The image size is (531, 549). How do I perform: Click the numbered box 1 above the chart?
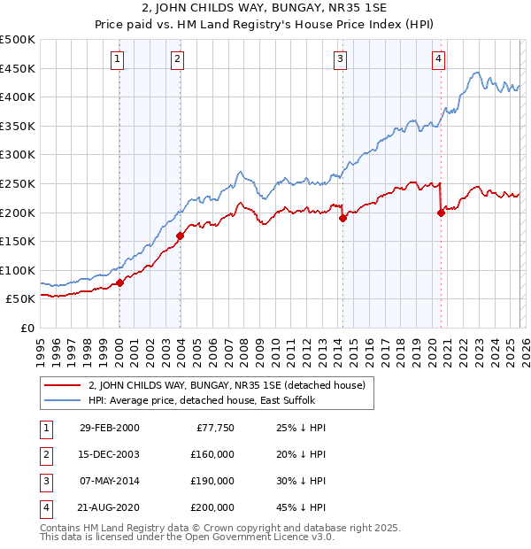(118, 59)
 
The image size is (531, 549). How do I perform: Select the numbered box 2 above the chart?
(177, 59)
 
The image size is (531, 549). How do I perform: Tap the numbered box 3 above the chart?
(340, 59)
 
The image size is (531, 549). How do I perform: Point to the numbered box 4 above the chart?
(438, 59)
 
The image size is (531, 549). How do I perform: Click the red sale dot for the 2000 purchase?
(120, 283)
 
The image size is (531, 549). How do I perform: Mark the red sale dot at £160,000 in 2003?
(180, 236)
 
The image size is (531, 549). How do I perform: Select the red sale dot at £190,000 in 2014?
(342, 218)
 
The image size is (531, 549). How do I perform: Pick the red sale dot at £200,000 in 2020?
(441, 213)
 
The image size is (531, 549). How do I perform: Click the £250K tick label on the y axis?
(18, 183)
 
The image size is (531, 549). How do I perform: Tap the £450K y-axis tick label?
(18, 68)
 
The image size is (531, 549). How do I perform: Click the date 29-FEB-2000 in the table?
(109, 428)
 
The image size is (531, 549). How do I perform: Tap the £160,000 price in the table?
(212, 454)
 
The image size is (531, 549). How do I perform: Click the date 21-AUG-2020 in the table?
(109, 507)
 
